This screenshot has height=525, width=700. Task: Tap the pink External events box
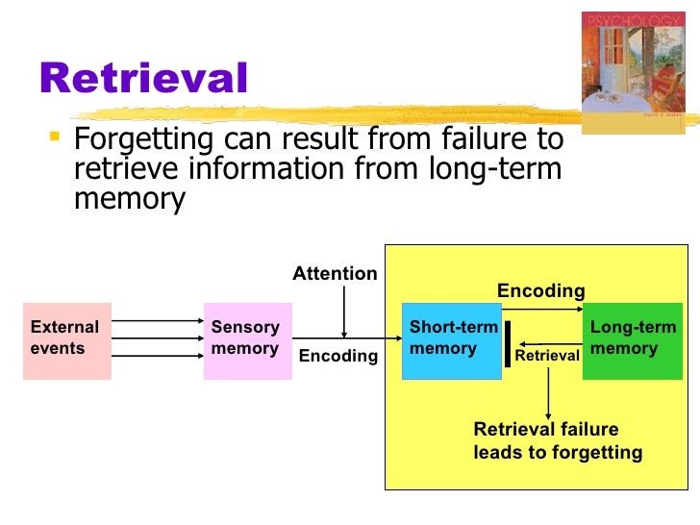click(67, 340)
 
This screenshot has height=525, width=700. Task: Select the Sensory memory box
click(247, 340)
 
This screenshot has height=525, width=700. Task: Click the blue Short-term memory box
click(451, 340)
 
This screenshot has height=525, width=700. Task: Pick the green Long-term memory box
click(632, 340)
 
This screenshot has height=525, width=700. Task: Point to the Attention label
click(335, 274)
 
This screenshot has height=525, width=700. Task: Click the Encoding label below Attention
click(338, 356)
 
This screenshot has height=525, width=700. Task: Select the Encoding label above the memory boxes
click(540, 290)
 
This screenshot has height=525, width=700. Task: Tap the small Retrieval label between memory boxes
click(547, 356)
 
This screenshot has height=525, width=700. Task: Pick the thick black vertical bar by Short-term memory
click(508, 342)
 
